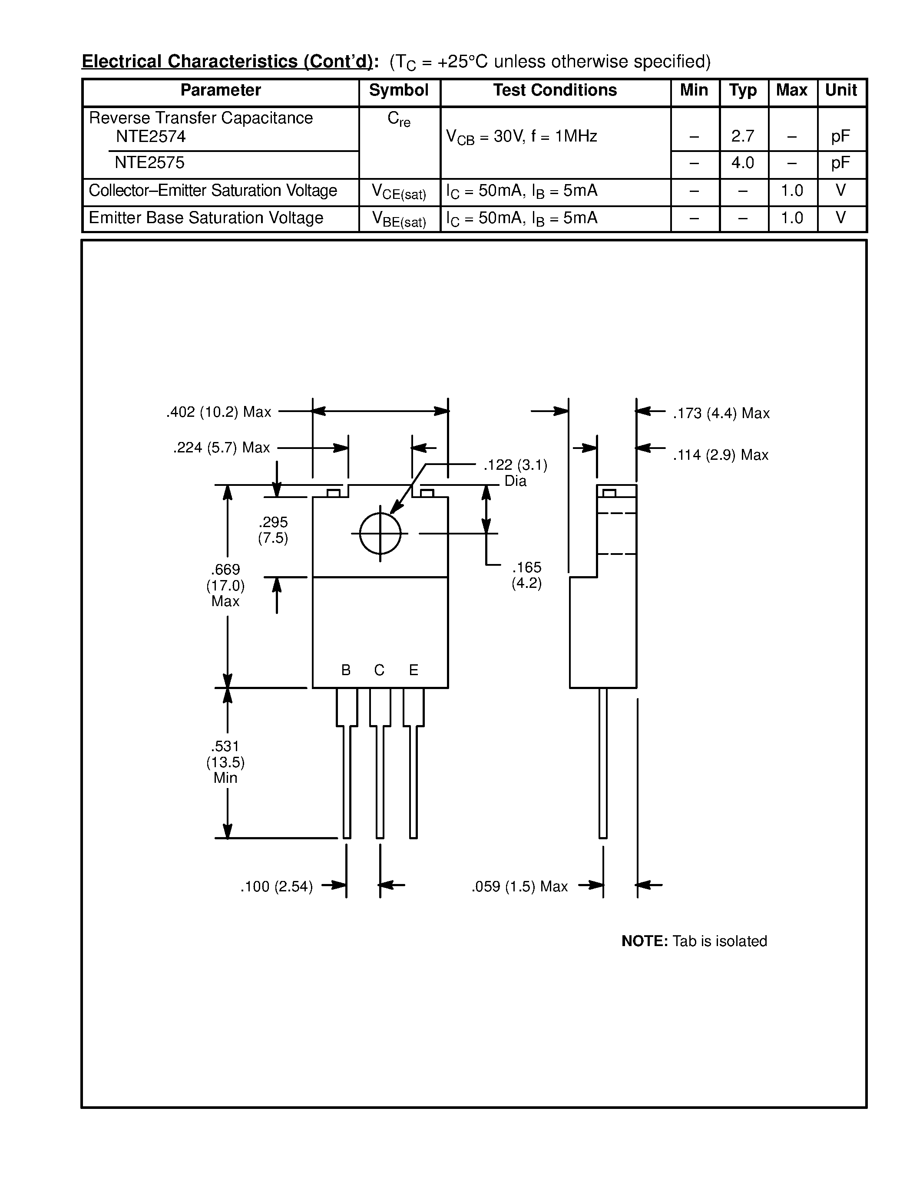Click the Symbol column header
pos(399,90)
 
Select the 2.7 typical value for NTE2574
pos(743,136)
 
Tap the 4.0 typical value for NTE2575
pos(743,163)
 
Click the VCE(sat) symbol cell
pos(399,192)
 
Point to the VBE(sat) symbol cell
pos(399,219)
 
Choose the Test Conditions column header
pos(555,90)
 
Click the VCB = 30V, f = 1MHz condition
pos(522,137)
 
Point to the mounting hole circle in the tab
pos(380,533)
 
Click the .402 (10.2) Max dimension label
pos(219,412)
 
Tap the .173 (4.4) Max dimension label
pos(721,413)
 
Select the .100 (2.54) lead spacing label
pos(277,887)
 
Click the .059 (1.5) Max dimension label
pos(519,887)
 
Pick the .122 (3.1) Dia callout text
pos(515,472)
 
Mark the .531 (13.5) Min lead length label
pos(225,762)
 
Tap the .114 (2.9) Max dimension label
pos(721,455)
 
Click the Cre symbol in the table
pos(399,119)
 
